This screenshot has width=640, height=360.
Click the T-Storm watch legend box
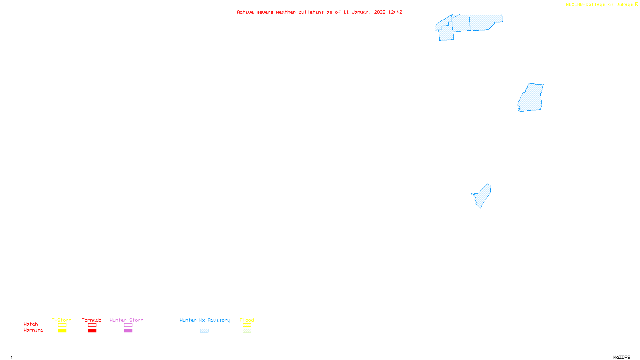[x=62, y=325]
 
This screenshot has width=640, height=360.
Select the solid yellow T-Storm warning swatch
[x=62, y=331]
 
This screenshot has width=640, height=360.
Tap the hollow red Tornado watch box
[x=92, y=325]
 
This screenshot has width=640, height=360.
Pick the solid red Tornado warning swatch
[x=92, y=331]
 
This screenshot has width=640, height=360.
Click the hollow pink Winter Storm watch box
[x=128, y=325]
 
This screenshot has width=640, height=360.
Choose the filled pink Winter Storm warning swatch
[x=128, y=331]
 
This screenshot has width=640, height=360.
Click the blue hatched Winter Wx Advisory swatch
[x=204, y=331]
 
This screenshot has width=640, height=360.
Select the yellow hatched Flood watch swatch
[x=247, y=325]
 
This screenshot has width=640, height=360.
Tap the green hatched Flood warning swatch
[x=247, y=331]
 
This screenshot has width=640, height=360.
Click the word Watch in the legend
[x=31, y=324]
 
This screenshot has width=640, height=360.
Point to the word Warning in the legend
[x=33, y=330]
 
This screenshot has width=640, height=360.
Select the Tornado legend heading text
[x=92, y=320]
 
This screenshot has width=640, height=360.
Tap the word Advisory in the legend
[x=219, y=320]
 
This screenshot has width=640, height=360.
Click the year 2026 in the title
[x=380, y=12]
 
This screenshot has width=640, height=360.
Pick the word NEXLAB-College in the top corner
[x=585, y=5]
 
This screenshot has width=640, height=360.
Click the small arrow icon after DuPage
[x=636, y=4]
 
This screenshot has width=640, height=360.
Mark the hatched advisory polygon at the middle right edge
[x=531, y=98]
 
